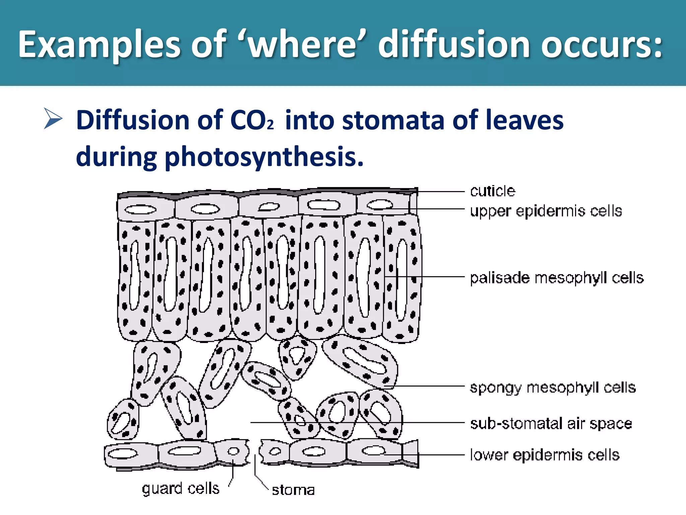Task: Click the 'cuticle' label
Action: pyautogui.click(x=492, y=191)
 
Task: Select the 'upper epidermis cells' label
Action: pyautogui.click(x=546, y=211)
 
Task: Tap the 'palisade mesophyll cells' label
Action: pyautogui.click(x=557, y=278)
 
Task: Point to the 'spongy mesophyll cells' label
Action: pyautogui.click(x=553, y=388)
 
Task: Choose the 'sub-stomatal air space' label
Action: pyautogui.click(x=551, y=423)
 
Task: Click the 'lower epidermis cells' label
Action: pyautogui.click(x=545, y=455)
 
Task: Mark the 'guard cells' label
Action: pyautogui.click(x=181, y=489)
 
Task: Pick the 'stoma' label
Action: pyautogui.click(x=293, y=490)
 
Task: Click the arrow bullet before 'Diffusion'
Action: pyautogui.click(x=53, y=119)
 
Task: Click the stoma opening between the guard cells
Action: pyautogui.click(x=255, y=453)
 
